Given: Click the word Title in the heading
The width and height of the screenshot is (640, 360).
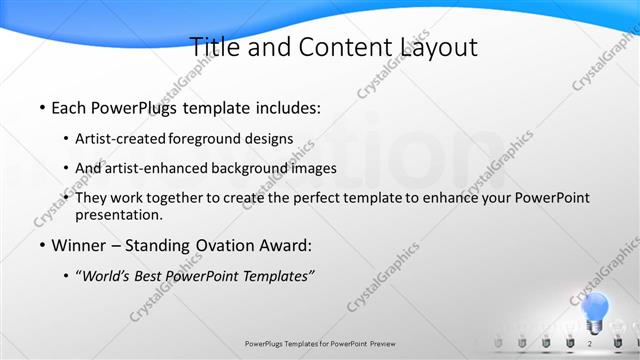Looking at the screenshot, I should point(213,47).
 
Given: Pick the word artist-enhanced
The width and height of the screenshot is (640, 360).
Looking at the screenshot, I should point(151,168).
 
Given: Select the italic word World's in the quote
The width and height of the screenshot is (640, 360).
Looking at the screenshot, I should point(105,276).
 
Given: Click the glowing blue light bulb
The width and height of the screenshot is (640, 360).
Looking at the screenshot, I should point(595,309).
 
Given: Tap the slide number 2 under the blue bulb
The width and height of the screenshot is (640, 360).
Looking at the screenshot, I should point(590,343).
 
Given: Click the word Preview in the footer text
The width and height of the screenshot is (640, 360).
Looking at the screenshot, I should point(383,343).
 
